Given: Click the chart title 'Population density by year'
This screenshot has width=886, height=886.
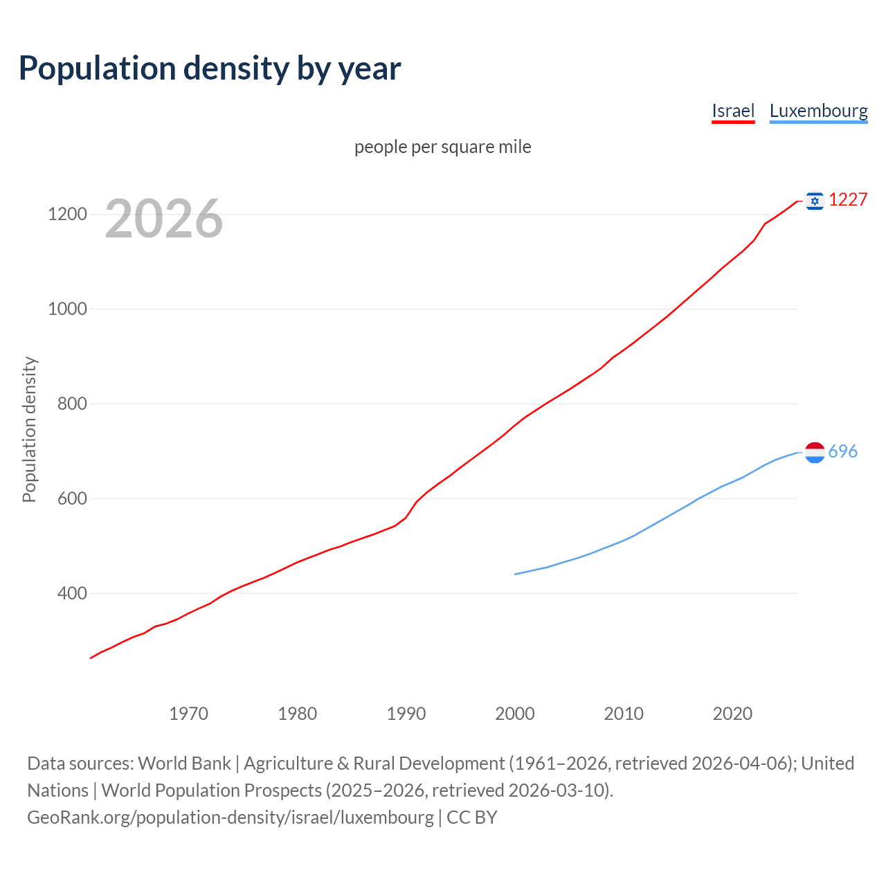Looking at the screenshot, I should pyautogui.click(x=210, y=69).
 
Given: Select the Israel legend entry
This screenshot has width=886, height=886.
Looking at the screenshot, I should pyautogui.click(x=733, y=111).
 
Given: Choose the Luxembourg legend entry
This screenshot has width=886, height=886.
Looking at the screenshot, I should pyautogui.click(x=818, y=111).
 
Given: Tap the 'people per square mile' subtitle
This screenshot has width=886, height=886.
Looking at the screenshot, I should pyautogui.click(x=442, y=147).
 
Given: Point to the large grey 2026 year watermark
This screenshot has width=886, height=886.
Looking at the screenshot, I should pyautogui.click(x=164, y=219).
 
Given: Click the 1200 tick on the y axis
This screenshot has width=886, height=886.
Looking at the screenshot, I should pyautogui.click(x=67, y=215).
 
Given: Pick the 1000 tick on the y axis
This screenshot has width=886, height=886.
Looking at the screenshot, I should pyautogui.click(x=67, y=309).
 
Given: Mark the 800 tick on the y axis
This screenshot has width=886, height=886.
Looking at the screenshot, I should pyautogui.click(x=72, y=404).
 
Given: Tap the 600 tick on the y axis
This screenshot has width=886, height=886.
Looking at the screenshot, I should pyautogui.click(x=72, y=498).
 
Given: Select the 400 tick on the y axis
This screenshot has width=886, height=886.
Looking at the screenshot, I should pyautogui.click(x=72, y=593).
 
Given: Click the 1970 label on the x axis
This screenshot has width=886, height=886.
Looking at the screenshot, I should pyautogui.click(x=188, y=714).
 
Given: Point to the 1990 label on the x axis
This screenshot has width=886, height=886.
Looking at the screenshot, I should pyautogui.click(x=406, y=714).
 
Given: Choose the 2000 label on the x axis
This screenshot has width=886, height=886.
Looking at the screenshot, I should pyautogui.click(x=515, y=714).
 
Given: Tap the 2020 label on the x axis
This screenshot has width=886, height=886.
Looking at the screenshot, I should pyautogui.click(x=732, y=714).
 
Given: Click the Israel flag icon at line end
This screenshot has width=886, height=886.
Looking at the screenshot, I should pyautogui.click(x=815, y=201).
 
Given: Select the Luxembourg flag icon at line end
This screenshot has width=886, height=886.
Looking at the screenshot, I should pyautogui.click(x=815, y=453).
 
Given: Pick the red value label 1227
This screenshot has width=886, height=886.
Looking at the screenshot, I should pyautogui.click(x=848, y=200).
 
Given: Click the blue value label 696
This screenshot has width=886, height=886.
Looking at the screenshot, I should pyautogui.click(x=842, y=452).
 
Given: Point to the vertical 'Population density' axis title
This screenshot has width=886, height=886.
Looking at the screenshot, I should pyautogui.click(x=29, y=429).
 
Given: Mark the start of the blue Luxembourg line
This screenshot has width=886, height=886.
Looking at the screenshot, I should pyautogui.click(x=515, y=574).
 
